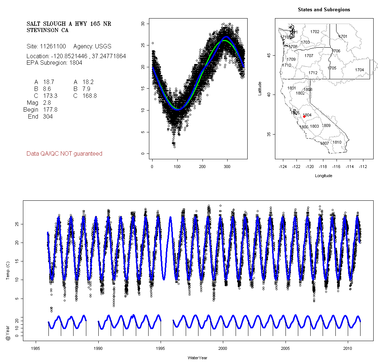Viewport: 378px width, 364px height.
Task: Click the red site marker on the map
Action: pos(304,117)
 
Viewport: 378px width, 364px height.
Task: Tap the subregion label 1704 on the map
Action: pos(359,70)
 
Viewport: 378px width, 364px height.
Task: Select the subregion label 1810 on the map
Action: pos(337,142)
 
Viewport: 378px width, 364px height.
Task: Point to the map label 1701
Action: pos(343,36)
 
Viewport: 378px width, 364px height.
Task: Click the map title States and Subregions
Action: pos(324,10)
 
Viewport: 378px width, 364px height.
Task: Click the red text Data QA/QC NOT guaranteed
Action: pos(64,154)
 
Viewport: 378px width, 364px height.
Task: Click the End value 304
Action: pos(48,117)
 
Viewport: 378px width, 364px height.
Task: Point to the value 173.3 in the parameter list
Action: pos(50,96)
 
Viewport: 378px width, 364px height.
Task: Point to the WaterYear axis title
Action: pos(197,358)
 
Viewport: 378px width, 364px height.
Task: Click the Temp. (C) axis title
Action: pos(8,271)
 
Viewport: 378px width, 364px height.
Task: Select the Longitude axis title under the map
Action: pos(323,176)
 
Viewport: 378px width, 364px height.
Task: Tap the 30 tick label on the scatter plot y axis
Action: pos(143,24)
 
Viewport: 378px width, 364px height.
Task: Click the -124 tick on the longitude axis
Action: pos(283,167)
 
